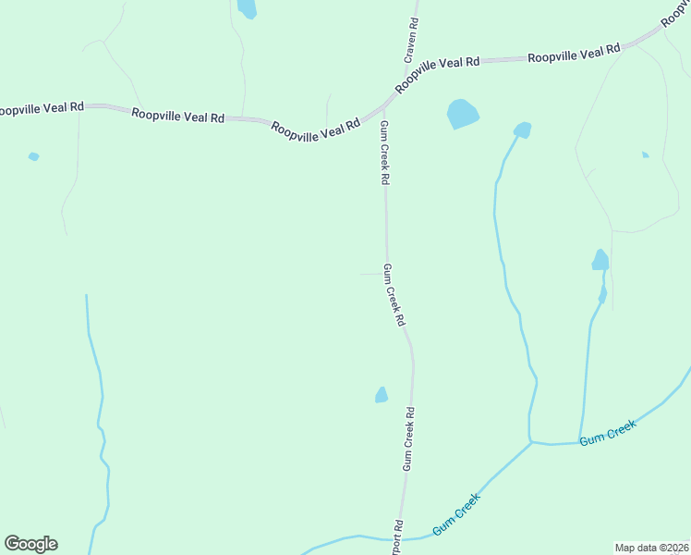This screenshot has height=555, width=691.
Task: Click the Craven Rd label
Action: pyautogui.click(x=411, y=40)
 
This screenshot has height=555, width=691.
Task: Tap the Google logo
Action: pyautogui.click(x=30, y=544)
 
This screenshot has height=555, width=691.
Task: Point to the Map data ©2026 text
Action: pyautogui.click(x=651, y=547)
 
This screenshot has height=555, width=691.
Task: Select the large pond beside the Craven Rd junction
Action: pyautogui.click(x=462, y=114)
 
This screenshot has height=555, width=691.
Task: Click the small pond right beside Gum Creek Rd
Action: pyautogui.click(x=382, y=395)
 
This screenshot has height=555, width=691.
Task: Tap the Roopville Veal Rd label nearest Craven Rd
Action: pyautogui.click(x=437, y=74)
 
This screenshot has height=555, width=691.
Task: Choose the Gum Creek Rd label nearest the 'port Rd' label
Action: pyautogui.click(x=407, y=439)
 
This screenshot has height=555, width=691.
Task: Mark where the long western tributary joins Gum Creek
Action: pyautogui.click(x=531, y=442)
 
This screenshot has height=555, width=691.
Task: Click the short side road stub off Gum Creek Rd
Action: pyautogui.click(x=369, y=274)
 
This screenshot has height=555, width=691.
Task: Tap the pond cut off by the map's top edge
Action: pyautogui.click(x=247, y=8)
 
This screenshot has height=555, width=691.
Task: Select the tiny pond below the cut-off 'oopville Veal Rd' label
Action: pyautogui.click(x=33, y=156)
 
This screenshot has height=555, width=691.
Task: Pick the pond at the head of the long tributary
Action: pyautogui.click(x=522, y=129)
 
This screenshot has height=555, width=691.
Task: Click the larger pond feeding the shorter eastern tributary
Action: pyautogui.click(x=600, y=260)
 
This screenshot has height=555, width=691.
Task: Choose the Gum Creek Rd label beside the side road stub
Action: pyautogui.click(x=394, y=295)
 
